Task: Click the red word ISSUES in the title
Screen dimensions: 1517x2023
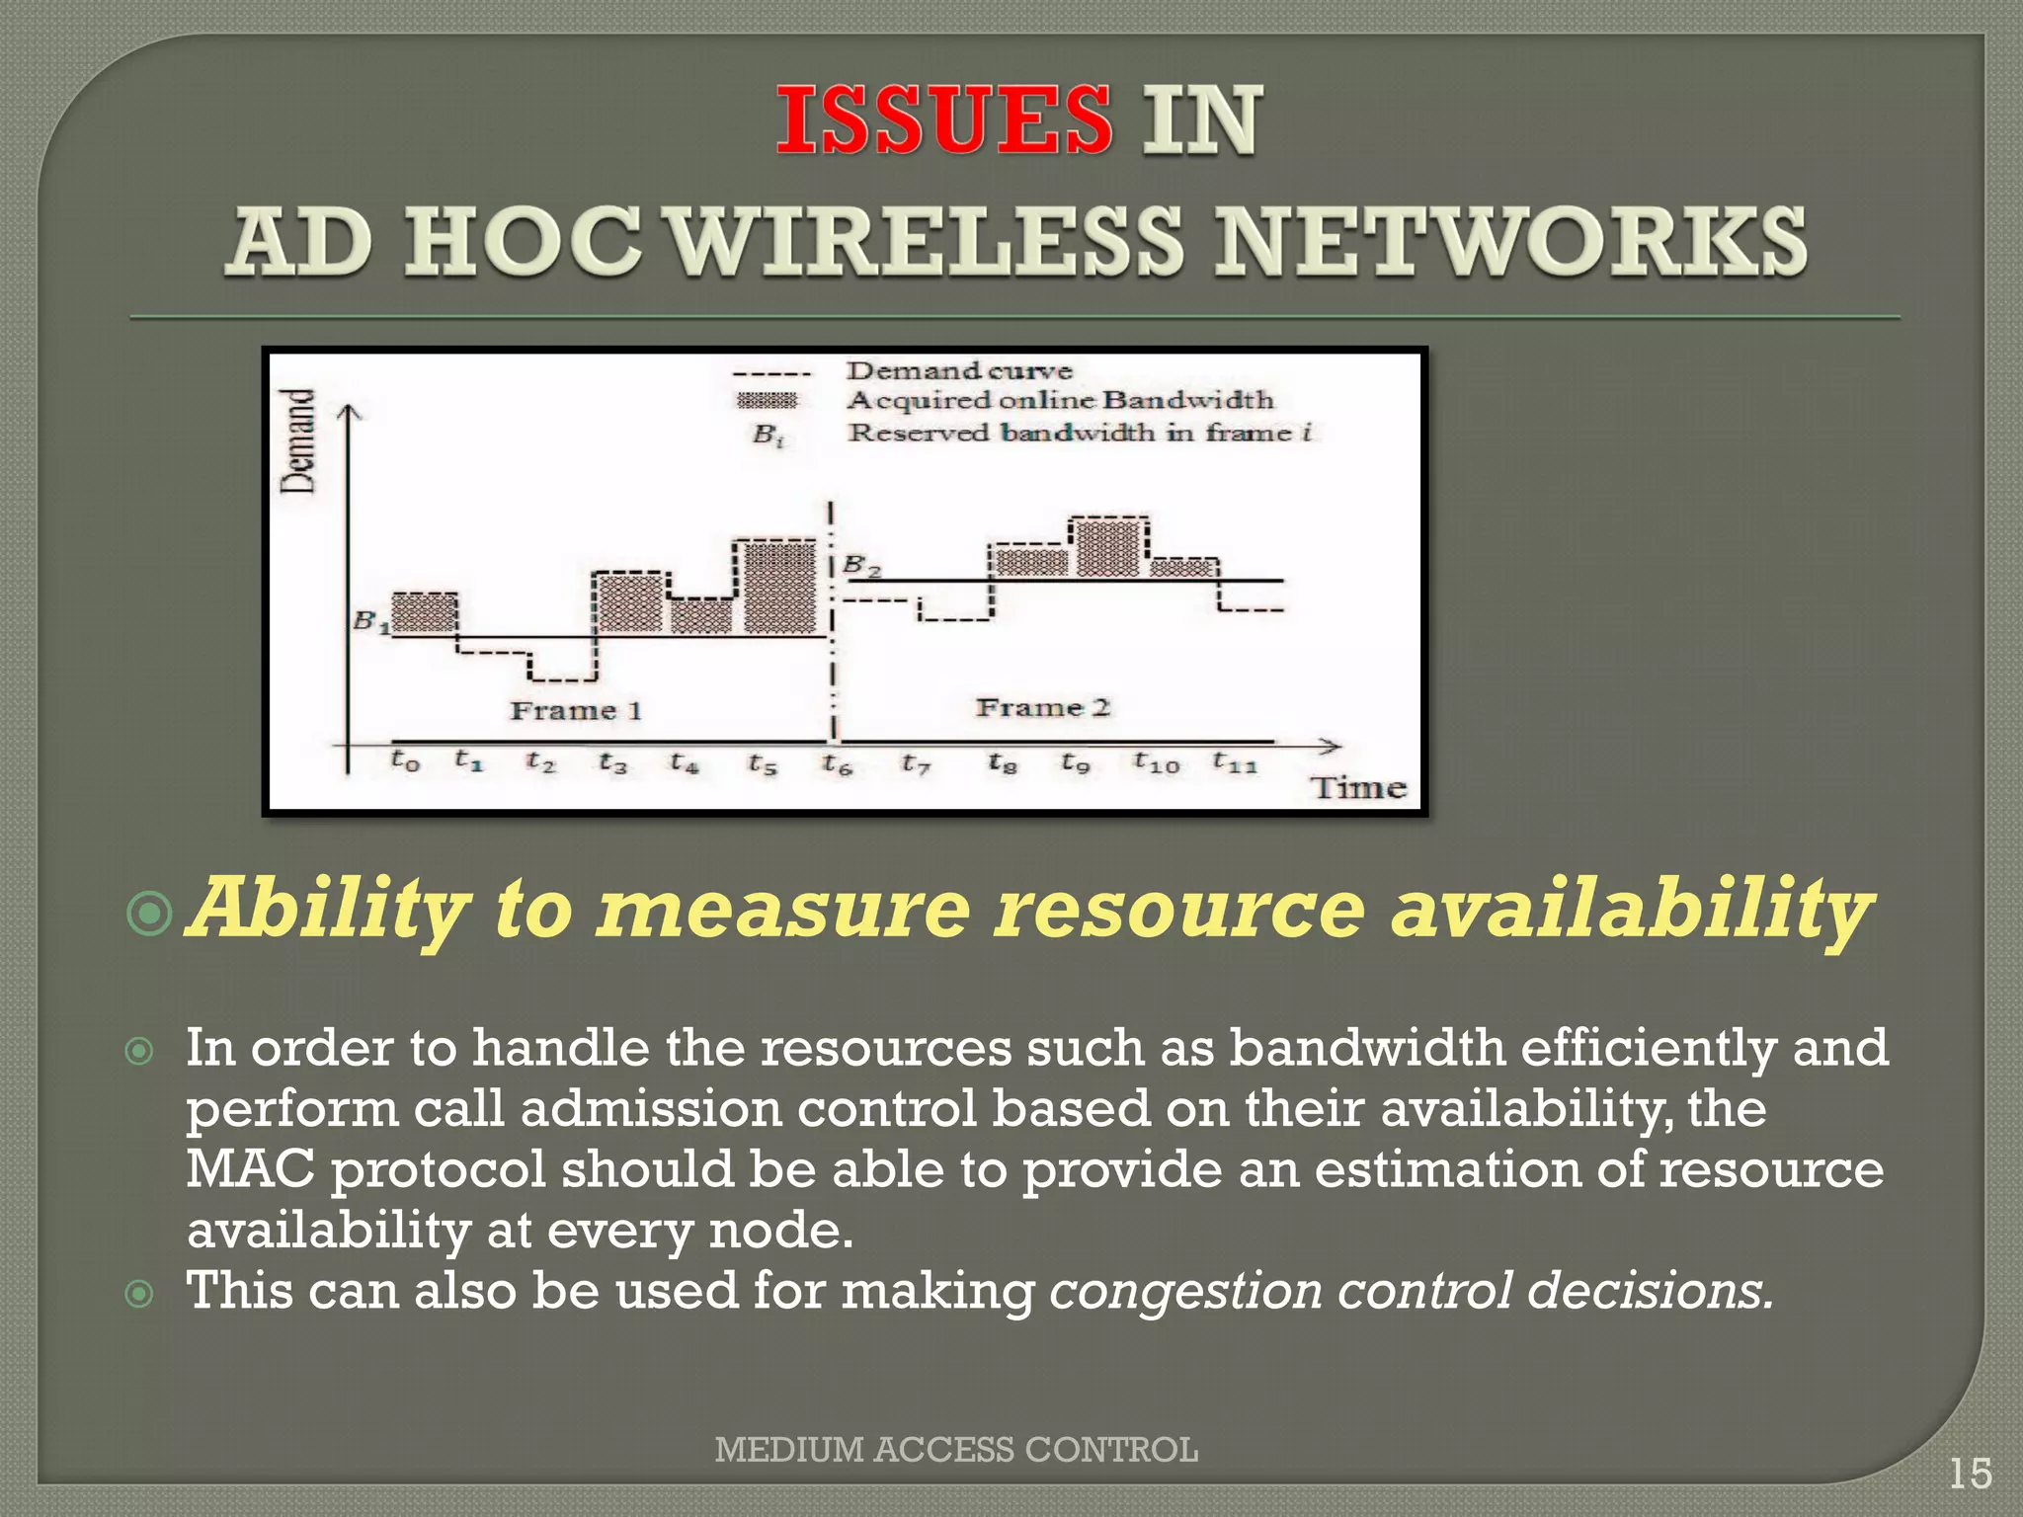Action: [943, 120]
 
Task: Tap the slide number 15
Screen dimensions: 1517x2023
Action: [1970, 1474]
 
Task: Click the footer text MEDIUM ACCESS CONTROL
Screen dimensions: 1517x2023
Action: [955, 1449]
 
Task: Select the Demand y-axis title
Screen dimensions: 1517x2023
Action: [298, 440]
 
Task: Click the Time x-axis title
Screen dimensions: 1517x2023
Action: [1358, 788]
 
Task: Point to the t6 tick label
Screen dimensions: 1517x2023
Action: [837, 763]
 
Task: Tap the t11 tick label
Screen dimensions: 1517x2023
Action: [1234, 761]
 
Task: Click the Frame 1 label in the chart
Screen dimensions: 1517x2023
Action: [576, 710]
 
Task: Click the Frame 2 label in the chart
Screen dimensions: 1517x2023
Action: [1043, 707]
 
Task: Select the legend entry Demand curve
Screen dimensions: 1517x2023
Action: [958, 371]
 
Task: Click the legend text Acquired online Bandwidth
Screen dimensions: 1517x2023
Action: [1060, 400]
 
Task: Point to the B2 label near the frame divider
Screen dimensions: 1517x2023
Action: [861, 567]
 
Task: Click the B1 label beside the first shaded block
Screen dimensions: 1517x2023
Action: [370, 621]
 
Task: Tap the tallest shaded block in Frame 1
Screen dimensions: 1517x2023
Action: [779, 588]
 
